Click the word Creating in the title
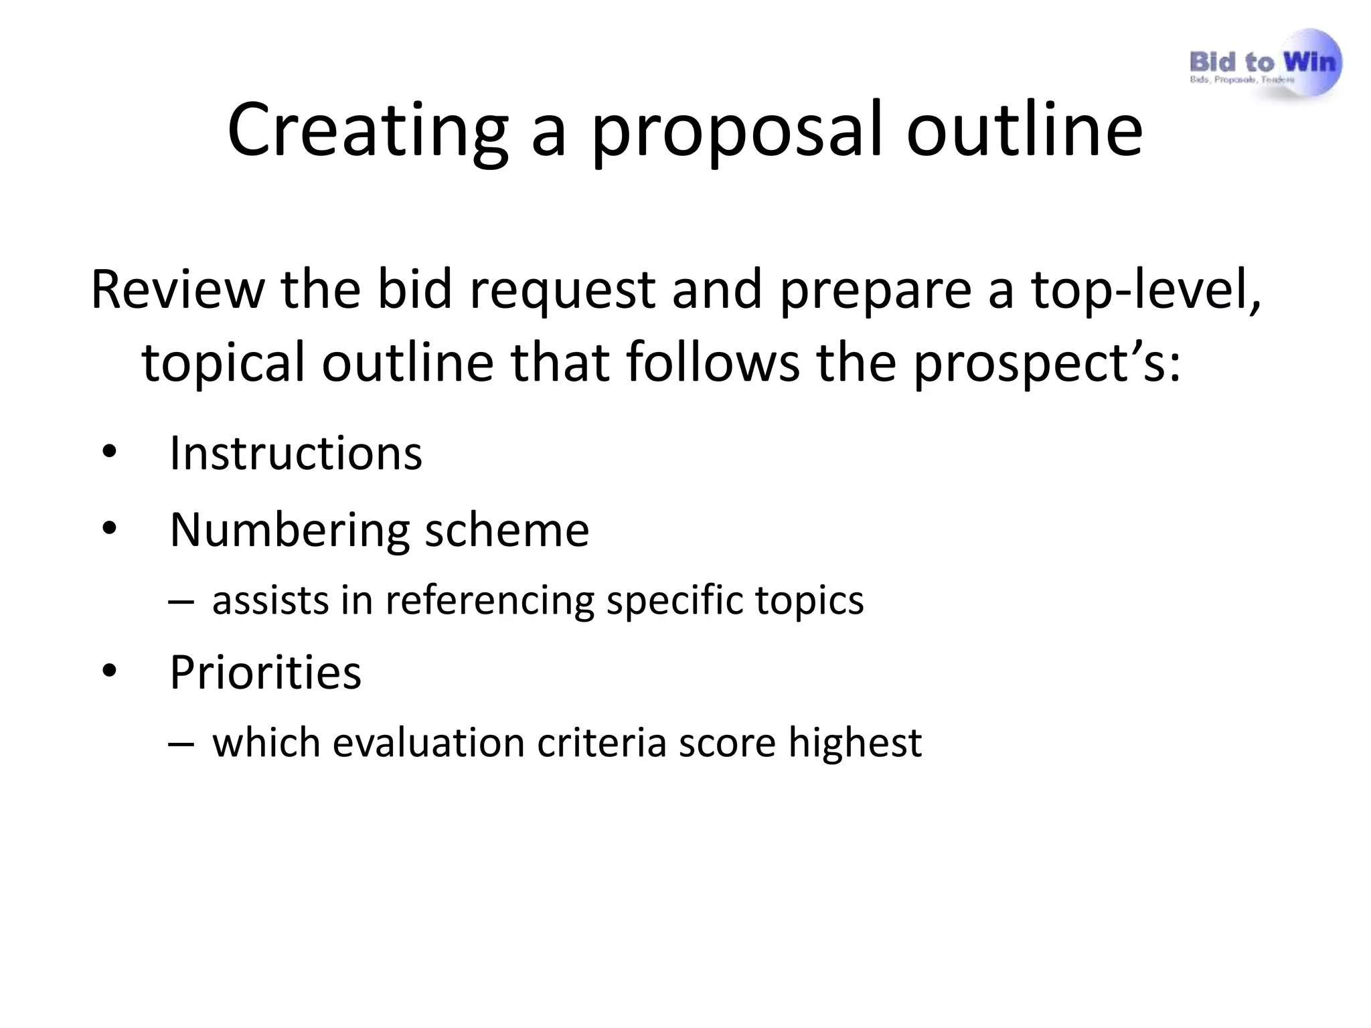[368, 130]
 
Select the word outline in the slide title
[1024, 130]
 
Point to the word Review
[177, 290]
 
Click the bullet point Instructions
[296, 454]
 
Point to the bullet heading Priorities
[265, 672]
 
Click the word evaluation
[428, 743]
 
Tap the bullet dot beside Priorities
[109, 673]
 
